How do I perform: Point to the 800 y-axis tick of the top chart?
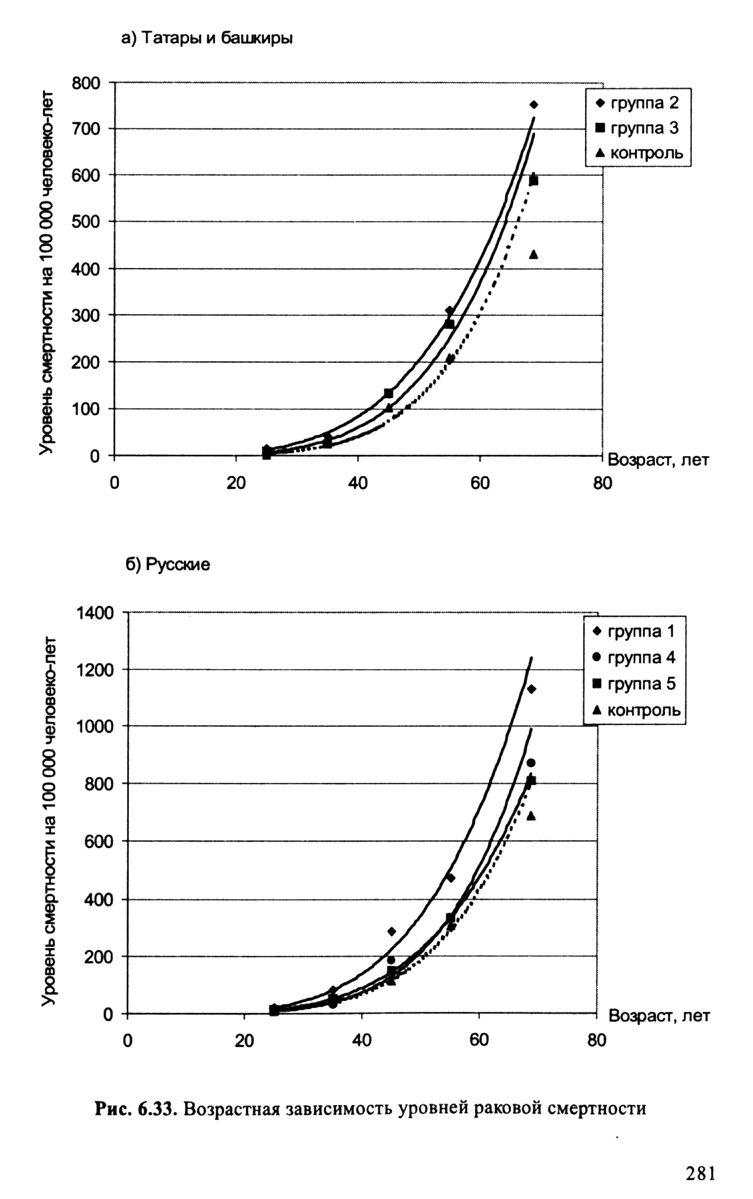[86, 83]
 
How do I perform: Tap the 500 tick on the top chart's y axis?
[86, 221]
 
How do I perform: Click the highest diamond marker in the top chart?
[534, 104]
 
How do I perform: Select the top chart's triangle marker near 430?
[534, 255]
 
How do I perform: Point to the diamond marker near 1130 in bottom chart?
[531, 689]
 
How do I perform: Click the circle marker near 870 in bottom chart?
[531, 763]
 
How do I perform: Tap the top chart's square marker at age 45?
[388, 394]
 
